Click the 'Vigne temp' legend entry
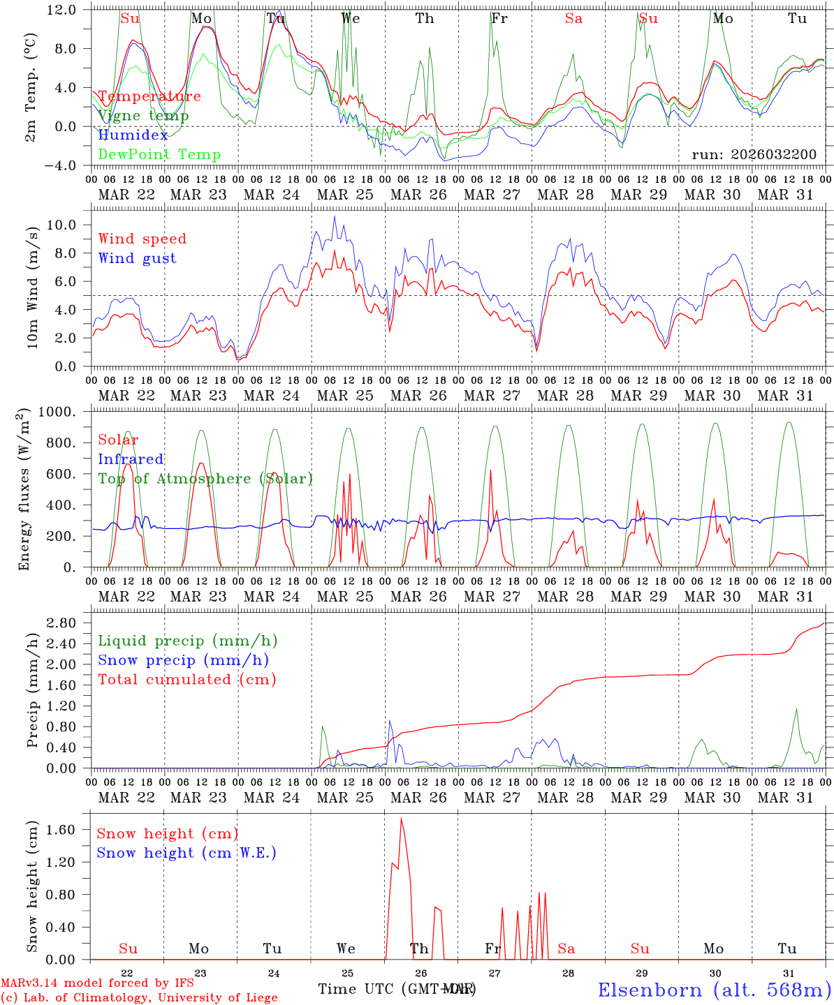point(143,116)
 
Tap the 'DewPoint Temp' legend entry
point(159,154)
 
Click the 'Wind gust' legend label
point(137,258)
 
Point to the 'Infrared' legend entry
point(131,459)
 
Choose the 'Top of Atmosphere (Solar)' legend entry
point(205,479)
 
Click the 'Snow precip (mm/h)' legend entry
point(183,660)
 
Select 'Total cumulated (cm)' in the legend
point(186,679)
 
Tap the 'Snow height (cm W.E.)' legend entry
point(186,853)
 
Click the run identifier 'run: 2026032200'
point(754,154)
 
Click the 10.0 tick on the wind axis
point(71,225)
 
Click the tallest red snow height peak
point(401,818)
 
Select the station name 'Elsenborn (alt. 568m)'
point(714,990)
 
